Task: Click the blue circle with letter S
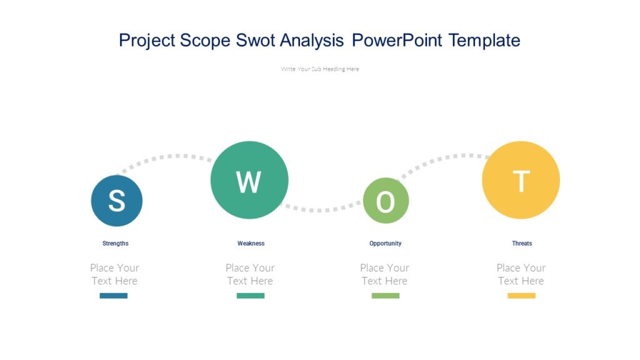[x=117, y=201]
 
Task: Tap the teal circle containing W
[x=249, y=180]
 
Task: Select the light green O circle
[x=386, y=201]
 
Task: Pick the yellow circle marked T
[x=521, y=180]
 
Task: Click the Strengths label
[x=116, y=243]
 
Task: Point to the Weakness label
[x=251, y=243]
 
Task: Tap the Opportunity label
[x=385, y=243]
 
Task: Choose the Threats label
[x=522, y=243]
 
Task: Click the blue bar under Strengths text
[x=114, y=296]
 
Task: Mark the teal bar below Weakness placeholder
[x=250, y=296]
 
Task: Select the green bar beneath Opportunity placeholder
[x=385, y=296]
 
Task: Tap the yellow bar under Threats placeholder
[x=521, y=296]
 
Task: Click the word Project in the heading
[x=147, y=41]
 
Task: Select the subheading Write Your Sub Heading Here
[x=320, y=69]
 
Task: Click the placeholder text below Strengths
[x=114, y=274]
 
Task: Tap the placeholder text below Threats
[x=521, y=274]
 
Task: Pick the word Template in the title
[x=484, y=41]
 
